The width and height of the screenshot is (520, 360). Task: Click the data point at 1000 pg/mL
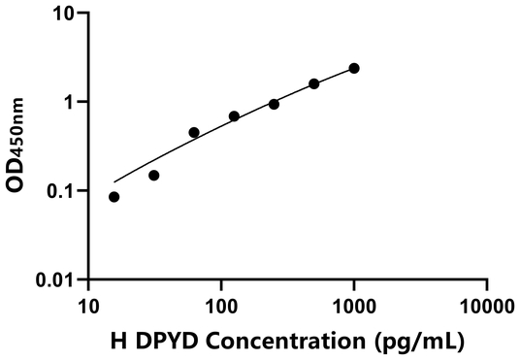click(x=354, y=68)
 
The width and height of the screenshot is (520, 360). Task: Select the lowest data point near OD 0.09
click(x=114, y=197)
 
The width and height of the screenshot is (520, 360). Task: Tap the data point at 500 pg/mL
click(x=314, y=84)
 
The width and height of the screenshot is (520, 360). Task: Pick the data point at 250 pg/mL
click(x=274, y=104)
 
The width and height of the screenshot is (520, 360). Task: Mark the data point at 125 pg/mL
click(x=234, y=116)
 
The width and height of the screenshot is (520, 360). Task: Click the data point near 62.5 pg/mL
click(x=194, y=132)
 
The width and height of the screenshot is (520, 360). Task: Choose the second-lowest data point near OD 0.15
click(x=153, y=176)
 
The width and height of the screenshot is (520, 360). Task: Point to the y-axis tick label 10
click(x=64, y=14)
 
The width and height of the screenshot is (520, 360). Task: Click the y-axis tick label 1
click(x=70, y=102)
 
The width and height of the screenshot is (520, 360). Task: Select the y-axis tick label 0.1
click(x=61, y=191)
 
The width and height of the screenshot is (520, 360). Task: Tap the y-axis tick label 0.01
click(x=55, y=280)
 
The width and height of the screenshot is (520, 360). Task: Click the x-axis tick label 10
click(x=88, y=306)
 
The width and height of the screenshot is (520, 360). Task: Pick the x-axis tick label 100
click(x=221, y=306)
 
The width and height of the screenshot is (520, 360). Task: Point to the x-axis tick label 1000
click(x=354, y=306)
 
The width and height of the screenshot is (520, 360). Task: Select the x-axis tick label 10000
click(x=486, y=306)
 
